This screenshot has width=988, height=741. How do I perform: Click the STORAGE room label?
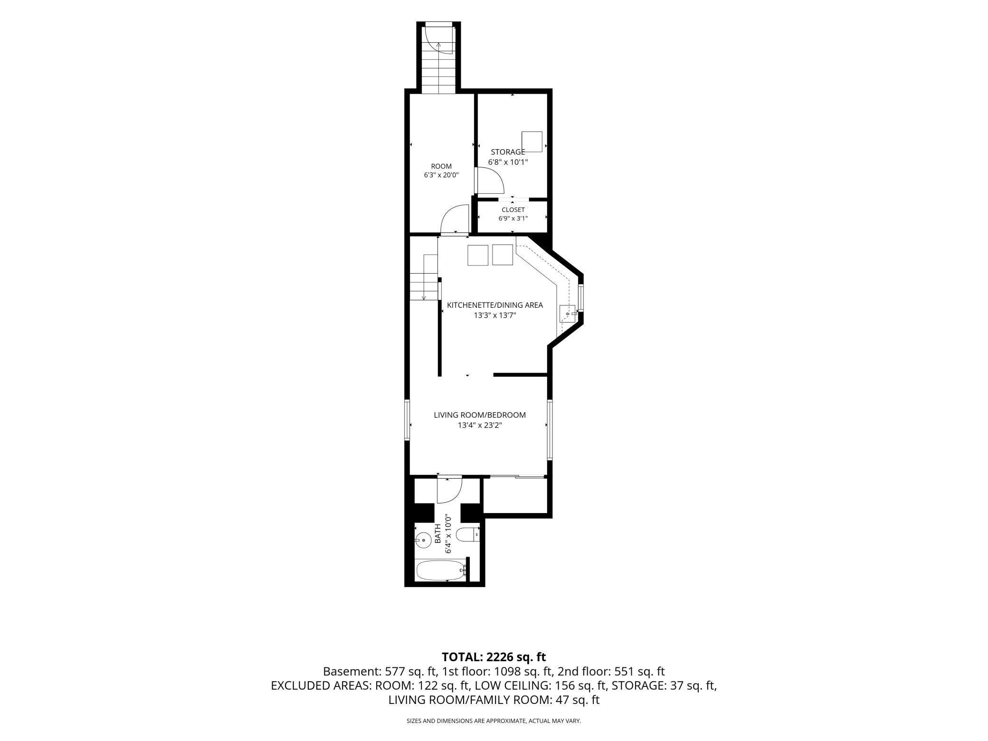(x=508, y=152)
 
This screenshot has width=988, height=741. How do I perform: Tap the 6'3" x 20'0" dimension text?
(x=441, y=175)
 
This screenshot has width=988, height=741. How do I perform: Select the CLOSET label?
(x=513, y=209)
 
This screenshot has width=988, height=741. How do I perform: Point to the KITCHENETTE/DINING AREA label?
(x=495, y=305)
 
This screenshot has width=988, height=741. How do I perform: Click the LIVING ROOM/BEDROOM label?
(x=480, y=415)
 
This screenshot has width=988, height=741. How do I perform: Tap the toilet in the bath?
(x=468, y=535)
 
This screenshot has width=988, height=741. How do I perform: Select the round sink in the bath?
(x=423, y=539)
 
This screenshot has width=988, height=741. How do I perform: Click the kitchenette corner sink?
(x=568, y=313)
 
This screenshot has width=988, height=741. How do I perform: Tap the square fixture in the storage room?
(x=532, y=142)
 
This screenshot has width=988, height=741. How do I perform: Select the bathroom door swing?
(x=449, y=490)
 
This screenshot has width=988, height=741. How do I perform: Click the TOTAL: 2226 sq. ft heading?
(x=494, y=657)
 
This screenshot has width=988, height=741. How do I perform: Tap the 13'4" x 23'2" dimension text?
(x=480, y=426)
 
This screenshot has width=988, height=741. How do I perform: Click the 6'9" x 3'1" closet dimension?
(x=513, y=218)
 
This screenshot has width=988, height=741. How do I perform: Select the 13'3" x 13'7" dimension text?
(x=495, y=315)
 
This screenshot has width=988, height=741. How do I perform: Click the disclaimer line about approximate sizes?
(x=494, y=721)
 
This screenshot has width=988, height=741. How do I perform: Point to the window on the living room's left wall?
(x=407, y=420)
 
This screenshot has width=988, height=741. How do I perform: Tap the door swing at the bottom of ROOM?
(x=455, y=219)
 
